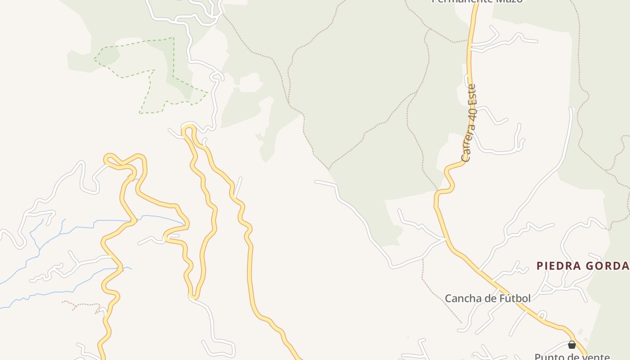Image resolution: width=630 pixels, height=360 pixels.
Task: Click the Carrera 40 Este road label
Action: [x=469, y=123]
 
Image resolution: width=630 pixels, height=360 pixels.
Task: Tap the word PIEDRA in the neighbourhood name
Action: [x=557, y=266]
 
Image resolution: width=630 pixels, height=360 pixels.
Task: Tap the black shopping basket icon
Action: [x=571, y=345]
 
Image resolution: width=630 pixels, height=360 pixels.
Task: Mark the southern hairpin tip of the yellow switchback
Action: [x=193, y=296]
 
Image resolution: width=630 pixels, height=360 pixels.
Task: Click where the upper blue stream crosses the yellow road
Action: [x=134, y=220]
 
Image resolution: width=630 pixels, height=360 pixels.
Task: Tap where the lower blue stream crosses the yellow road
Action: [x=120, y=269]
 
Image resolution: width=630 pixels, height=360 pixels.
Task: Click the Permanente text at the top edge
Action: [x=454, y=1]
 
